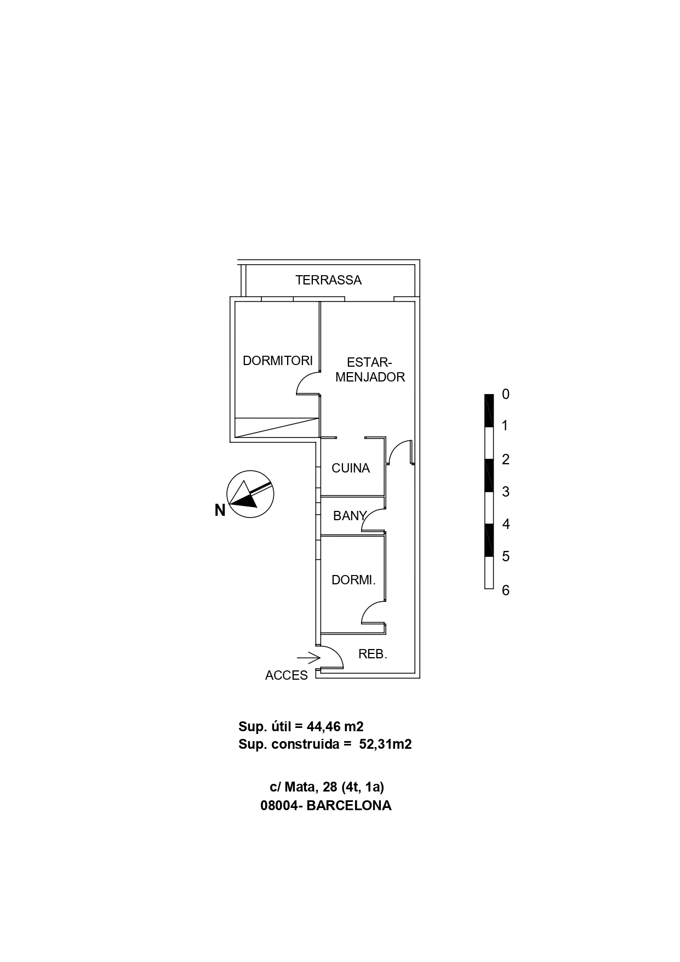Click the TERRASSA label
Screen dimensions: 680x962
328,280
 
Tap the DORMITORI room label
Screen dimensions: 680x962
277,361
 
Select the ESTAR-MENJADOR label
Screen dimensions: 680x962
370,370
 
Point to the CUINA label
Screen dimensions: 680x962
351,468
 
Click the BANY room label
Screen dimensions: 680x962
350,516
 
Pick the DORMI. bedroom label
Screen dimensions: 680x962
353,580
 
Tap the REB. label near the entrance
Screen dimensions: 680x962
373,654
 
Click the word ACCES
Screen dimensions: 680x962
287,675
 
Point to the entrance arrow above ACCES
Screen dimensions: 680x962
308,657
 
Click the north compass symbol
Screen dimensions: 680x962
250,493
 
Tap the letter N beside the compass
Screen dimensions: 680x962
220,510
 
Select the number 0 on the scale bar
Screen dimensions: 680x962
506,394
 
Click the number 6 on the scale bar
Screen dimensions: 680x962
506,590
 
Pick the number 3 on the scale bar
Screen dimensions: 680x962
506,492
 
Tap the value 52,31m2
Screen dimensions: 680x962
385,744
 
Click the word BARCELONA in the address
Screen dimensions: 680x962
348,806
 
